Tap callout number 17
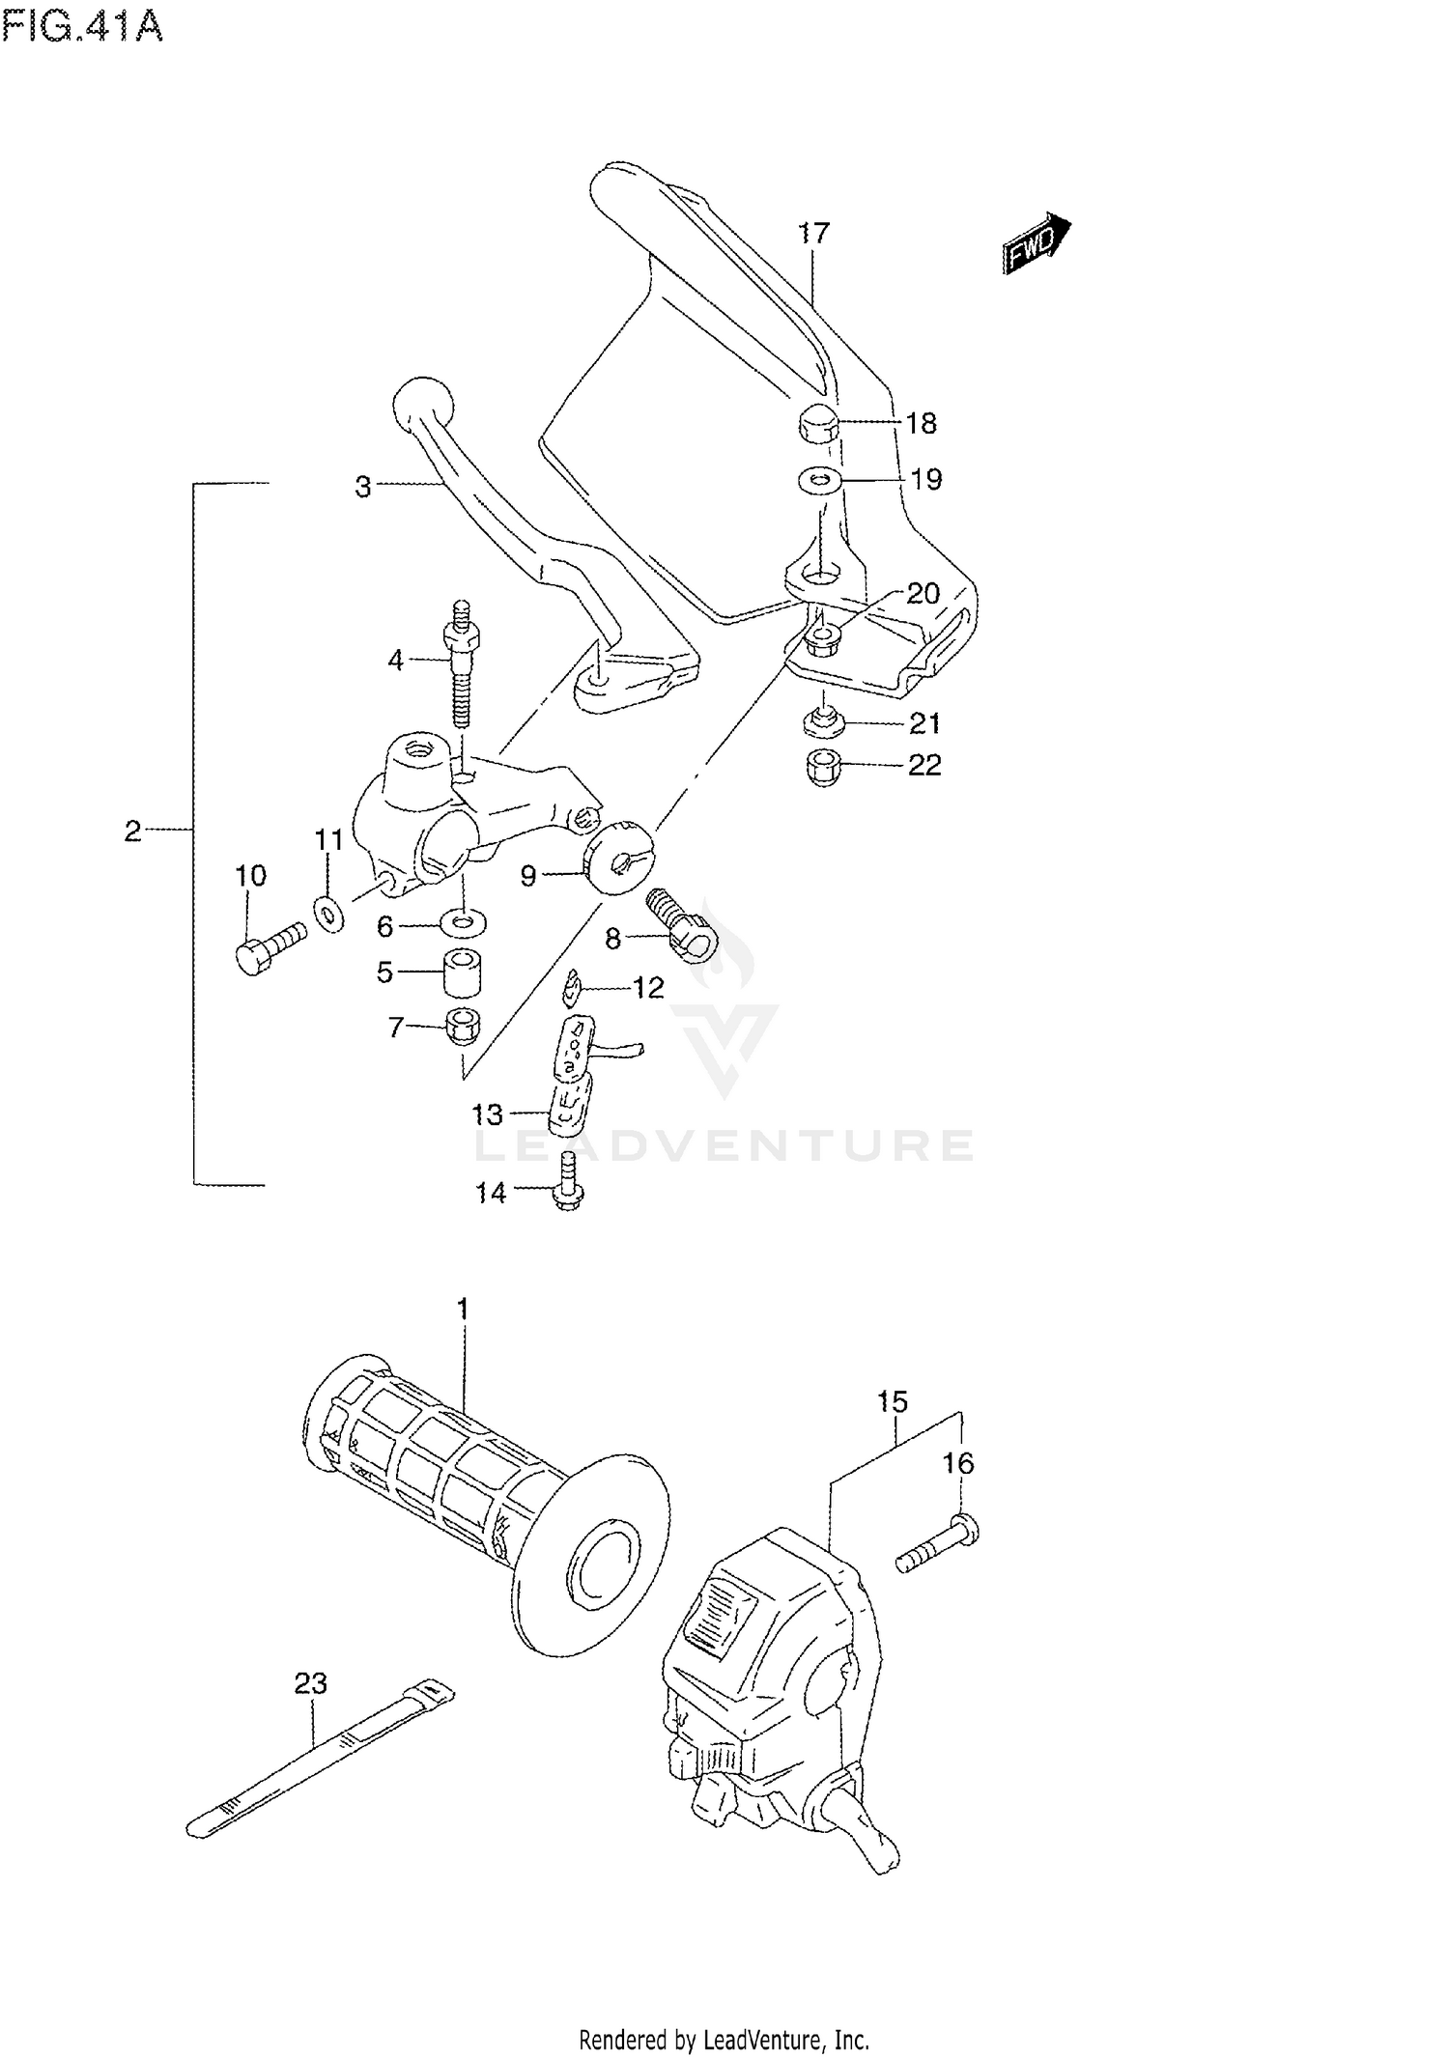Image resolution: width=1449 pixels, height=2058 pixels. pos(814,233)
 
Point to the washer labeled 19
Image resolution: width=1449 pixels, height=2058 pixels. pos(819,479)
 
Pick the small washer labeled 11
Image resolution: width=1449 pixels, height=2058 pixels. pos(328,914)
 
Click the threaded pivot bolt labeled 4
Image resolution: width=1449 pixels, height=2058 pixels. pos(462,666)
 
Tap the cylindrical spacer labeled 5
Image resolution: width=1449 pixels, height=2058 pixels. pos(463,972)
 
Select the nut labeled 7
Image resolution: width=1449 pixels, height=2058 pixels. pos(463,1026)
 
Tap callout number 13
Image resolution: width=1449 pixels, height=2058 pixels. pos(487,1115)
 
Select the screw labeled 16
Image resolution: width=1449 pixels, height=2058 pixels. pos(938,1544)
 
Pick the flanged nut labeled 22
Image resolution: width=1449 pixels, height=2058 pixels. pos(821,767)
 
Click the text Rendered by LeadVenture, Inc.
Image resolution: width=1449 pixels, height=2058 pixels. pos(724,2033)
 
